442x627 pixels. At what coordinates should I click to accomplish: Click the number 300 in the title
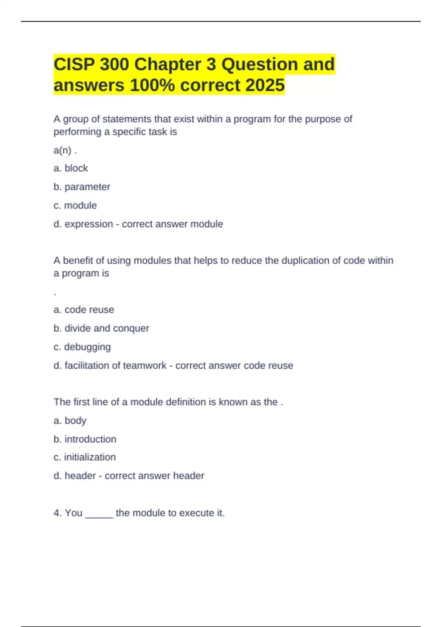114,65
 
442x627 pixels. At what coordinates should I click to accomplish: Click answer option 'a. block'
71,168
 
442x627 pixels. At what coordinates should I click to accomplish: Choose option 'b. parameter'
82,187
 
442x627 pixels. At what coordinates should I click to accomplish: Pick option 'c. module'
75,205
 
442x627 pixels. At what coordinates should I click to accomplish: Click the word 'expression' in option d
89,224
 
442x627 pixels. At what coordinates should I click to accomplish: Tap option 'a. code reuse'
84,310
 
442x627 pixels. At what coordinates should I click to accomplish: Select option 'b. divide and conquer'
101,328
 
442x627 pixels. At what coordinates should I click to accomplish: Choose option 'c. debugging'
82,347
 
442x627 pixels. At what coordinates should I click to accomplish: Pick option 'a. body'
70,421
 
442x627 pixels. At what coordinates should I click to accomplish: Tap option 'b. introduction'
85,439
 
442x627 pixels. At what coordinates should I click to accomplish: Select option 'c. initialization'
85,457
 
